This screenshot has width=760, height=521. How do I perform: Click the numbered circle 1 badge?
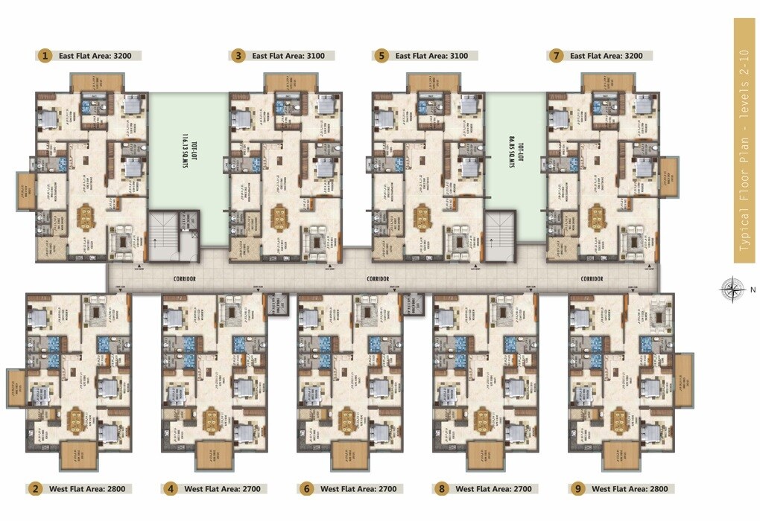[45, 55]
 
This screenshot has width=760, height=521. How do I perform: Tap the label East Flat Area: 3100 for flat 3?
[292, 55]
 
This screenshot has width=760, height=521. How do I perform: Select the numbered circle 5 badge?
[382, 55]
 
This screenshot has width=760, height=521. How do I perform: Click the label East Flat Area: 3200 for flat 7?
[609, 55]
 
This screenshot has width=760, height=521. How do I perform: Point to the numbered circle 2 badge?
[34, 489]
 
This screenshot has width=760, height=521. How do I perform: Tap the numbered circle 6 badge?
[306, 489]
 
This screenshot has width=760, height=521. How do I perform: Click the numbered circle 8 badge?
[442, 489]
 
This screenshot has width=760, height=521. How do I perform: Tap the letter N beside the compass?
[753, 290]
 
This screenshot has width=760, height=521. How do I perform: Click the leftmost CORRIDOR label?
[183, 278]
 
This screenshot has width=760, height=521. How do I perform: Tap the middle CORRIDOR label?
[379, 278]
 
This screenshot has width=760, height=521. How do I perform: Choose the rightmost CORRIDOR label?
[592, 278]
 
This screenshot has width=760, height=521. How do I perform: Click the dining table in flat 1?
[85, 218]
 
